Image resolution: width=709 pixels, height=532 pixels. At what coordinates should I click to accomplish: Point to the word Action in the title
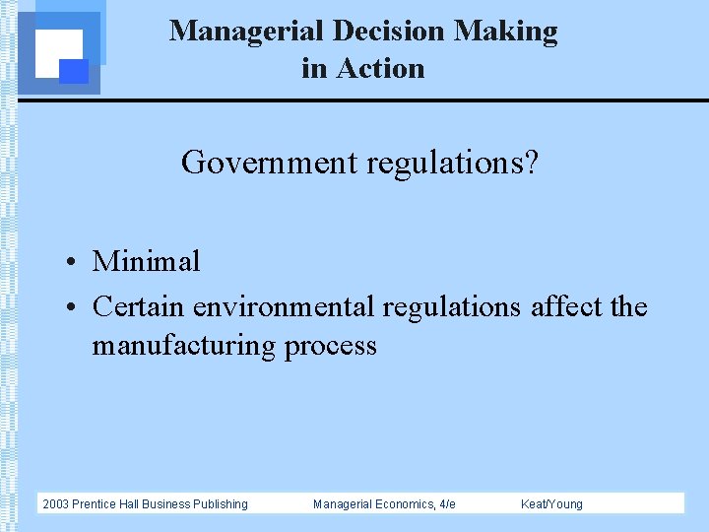[x=379, y=69]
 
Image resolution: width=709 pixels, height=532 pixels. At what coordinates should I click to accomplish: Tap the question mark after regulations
[x=532, y=162]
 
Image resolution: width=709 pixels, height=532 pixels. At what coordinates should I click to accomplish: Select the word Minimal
[x=146, y=262]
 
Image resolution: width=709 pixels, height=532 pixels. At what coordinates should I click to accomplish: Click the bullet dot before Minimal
[x=73, y=263]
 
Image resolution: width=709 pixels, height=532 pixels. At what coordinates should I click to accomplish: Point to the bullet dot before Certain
[x=73, y=308]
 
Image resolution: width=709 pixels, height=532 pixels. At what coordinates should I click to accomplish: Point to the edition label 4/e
[x=446, y=504]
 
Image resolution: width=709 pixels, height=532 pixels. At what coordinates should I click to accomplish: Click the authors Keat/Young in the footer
[x=551, y=504]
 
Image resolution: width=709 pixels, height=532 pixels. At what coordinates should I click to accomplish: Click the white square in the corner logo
[x=57, y=51]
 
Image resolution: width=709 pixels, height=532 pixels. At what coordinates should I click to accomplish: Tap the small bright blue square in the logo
[x=74, y=71]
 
